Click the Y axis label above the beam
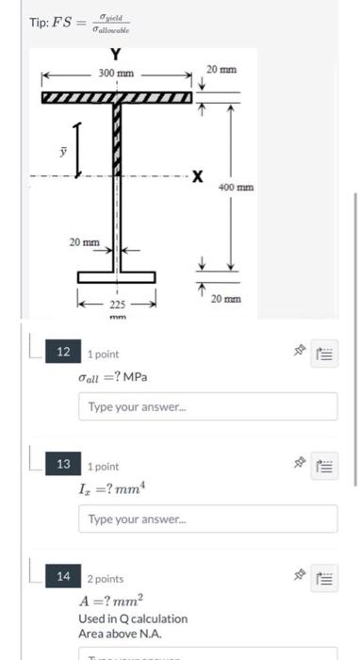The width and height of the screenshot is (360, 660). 117,54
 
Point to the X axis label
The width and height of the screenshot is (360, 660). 196,176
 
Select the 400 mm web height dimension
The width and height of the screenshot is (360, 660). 235,187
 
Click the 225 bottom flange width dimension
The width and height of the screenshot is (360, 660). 117,305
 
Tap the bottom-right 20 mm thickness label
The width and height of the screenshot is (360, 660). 227,298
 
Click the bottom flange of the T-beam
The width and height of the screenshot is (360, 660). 117,276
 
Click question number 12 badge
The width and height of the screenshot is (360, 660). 64,352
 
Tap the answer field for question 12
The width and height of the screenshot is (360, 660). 207,406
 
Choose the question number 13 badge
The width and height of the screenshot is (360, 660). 64,464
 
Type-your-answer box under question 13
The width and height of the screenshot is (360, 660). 207,519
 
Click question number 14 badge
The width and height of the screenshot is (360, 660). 64,577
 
